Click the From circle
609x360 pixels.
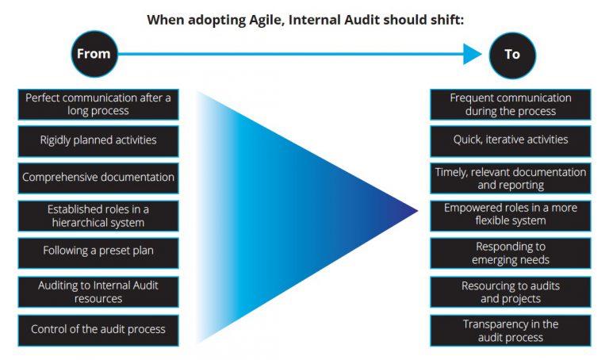pyautogui.click(x=94, y=55)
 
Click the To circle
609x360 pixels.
pyautogui.click(x=512, y=55)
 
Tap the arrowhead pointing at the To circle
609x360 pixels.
pyautogui.click(x=473, y=54)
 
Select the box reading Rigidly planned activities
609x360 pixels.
pyautogui.click(x=98, y=140)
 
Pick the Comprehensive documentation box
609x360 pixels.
pyautogui.click(x=98, y=178)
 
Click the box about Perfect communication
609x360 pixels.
pyautogui.click(x=98, y=104)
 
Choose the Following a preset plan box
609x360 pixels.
pyautogui.click(x=98, y=251)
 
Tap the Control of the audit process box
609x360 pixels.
pyautogui.click(x=98, y=329)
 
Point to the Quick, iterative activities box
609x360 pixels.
pyautogui.click(x=511, y=140)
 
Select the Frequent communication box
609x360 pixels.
pyautogui.click(x=511, y=104)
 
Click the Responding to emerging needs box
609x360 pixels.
pyautogui.click(x=511, y=252)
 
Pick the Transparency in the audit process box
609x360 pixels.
pyautogui.click(x=511, y=330)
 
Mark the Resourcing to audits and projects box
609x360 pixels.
pyautogui.click(x=511, y=292)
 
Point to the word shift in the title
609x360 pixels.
pyautogui.click(x=445, y=19)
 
